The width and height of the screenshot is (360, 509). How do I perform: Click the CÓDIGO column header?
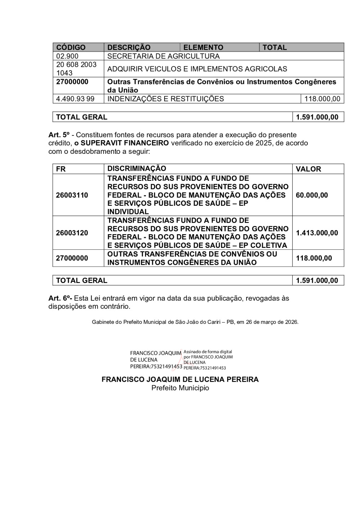pyautogui.click(x=71, y=47)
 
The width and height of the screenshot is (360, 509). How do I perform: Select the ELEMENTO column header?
pyautogui.click(x=203, y=47)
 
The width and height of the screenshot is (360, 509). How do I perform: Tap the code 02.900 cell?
pyautogui.click(x=67, y=56)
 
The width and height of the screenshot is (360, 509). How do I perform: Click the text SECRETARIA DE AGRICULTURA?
pyautogui.click(x=163, y=56)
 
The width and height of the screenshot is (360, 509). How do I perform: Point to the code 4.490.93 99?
pyautogui.click(x=75, y=99)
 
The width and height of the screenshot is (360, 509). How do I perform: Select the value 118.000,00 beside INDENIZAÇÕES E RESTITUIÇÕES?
pyautogui.click(x=322, y=99)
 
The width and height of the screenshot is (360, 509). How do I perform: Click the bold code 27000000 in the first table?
pyautogui.click(x=72, y=82)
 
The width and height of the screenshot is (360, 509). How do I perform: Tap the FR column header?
pyautogui.click(x=61, y=169)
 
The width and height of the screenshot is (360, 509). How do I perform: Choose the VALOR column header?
pyautogui.click(x=308, y=169)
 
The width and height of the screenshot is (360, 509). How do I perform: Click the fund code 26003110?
pyautogui.click(x=72, y=195)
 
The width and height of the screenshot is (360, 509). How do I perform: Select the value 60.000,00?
pyautogui.click(x=312, y=195)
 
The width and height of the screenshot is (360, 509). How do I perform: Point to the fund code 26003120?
pyautogui.click(x=72, y=233)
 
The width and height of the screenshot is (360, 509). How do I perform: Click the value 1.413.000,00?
pyautogui.click(x=317, y=233)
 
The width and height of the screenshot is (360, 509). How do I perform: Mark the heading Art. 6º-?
pyautogui.click(x=60, y=298)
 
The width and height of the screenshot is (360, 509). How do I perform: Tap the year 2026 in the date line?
pyautogui.click(x=292, y=322)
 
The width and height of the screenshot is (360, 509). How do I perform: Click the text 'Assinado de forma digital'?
pyautogui.click(x=208, y=352)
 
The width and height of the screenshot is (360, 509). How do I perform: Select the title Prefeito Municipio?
pyautogui.click(x=180, y=388)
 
